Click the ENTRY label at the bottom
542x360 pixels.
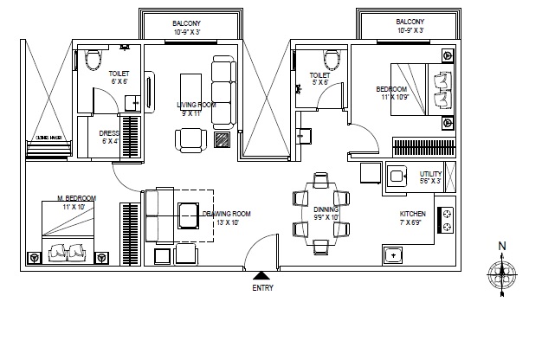coord(262,288)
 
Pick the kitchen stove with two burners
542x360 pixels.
coord(448,220)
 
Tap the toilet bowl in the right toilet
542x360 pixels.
coord(330,60)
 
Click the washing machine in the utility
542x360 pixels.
coord(398,176)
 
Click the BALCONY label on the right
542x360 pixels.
coord(410,21)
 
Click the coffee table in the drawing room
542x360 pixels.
coord(187,211)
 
